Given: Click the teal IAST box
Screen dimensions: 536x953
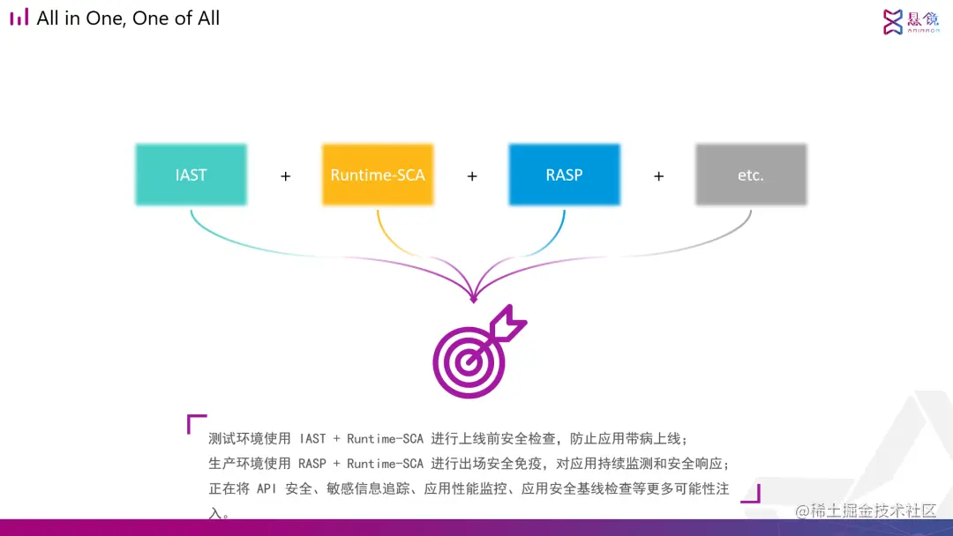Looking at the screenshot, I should point(191,175).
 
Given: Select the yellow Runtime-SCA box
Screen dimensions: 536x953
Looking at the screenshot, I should point(378,175).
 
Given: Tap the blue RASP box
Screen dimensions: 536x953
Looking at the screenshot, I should point(564,175).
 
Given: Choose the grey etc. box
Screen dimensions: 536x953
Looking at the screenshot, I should point(750,175).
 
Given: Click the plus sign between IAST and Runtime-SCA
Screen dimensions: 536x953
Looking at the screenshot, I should point(285,176).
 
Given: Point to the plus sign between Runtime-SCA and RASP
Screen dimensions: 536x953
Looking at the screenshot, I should point(472,176).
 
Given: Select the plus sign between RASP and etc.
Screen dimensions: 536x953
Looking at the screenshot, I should point(658,176).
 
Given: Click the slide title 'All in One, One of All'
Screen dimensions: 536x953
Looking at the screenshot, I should point(128,19).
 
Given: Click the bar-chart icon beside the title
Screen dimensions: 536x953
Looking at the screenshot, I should point(19,18).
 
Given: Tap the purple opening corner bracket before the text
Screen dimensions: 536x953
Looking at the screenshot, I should point(196,424).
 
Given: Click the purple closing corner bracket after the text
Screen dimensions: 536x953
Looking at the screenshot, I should point(750,493).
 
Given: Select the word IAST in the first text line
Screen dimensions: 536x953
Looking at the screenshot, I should point(312,439).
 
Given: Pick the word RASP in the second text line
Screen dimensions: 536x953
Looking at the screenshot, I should point(312,464).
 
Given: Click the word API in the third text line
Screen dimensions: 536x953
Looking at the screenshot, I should point(267,488).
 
